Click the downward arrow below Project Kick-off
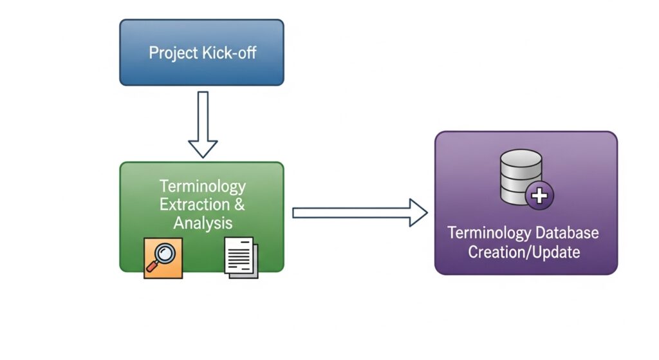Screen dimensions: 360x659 203,122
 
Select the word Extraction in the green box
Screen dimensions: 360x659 194,205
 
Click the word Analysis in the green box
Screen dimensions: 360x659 203,223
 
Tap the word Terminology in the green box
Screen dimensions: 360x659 203,186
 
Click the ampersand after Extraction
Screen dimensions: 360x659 239,205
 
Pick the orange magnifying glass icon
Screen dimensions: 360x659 163,258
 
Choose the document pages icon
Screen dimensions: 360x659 241,258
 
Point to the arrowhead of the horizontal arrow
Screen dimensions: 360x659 418,213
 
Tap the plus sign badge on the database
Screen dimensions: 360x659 539,194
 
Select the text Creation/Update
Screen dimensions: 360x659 524,252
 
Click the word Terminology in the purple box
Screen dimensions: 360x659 487,232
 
